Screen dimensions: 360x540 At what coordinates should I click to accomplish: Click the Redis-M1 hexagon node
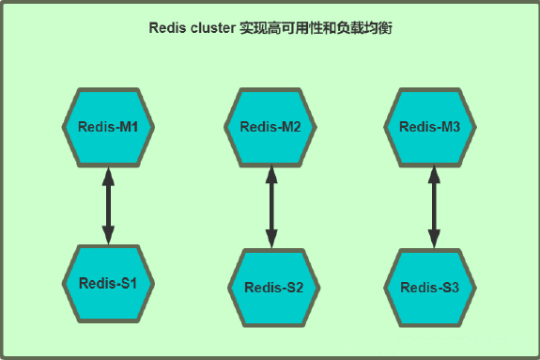click(x=109, y=126)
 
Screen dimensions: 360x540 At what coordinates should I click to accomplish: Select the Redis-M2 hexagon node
click(x=270, y=127)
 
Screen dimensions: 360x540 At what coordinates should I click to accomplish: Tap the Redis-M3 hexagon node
click(x=430, y=126)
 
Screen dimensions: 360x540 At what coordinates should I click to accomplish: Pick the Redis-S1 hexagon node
click(x=109, y=283)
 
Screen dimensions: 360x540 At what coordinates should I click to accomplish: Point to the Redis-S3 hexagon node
click(x=430, y=288)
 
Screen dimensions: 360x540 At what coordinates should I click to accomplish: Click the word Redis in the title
click(x=168, y=28)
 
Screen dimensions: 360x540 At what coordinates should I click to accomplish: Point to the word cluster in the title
click(x=217, y=28)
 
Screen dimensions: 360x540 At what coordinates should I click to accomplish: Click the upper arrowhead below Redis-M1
click(x=109, y=175)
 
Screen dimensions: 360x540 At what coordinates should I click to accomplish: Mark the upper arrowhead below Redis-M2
click(x=270, y=175)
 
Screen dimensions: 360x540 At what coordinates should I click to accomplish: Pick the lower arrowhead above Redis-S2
click(x=270, y=240)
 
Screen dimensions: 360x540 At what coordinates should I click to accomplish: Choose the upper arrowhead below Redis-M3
click(x=433, y=175)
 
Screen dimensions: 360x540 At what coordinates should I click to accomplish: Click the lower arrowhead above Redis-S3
click(x=433, y=240)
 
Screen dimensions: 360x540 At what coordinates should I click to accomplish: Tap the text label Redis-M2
click(x=270, y=127)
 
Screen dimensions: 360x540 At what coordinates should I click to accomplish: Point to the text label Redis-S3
click(x=430, y=288)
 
